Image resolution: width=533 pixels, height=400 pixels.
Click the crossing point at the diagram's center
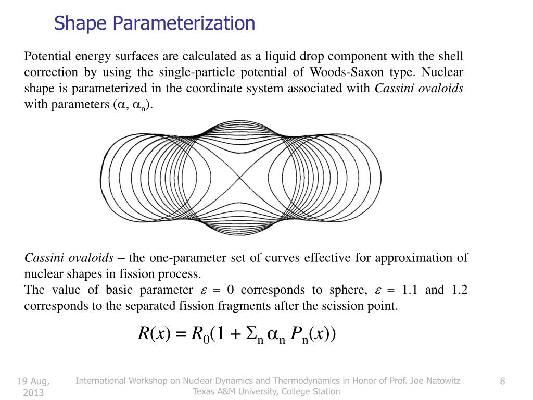coord(240,178)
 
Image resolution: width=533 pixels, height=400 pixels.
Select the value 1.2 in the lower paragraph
coord(458,290)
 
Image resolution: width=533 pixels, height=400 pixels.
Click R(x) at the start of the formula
coord(151,333)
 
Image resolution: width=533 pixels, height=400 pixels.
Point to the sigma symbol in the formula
coord(251,333)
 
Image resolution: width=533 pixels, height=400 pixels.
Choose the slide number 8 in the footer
coord(502,381)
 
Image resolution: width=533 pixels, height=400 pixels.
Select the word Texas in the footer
coord(204,391)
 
